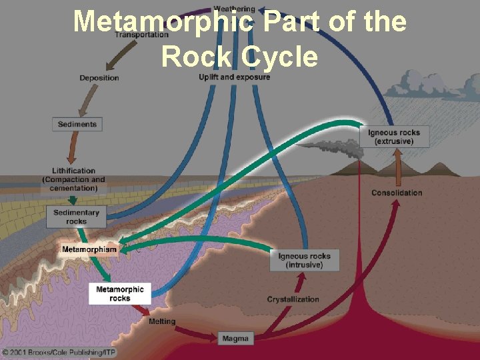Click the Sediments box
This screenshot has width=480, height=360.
pos(77,124)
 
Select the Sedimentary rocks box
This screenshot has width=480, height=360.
pos(76,217)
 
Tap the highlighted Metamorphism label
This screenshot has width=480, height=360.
pos(89,250)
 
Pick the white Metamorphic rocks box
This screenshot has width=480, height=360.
pos(120,293)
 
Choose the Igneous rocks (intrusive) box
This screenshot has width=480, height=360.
pos(304,261)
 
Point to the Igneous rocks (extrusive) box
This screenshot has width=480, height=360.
pos(394,137)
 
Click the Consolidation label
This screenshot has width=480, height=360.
pos(397,193)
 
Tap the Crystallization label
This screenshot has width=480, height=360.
pos(293,299)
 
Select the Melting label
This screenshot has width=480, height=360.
pos(162,321)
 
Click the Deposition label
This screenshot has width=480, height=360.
pos(99,78)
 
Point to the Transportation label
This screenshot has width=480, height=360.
pos(142,35)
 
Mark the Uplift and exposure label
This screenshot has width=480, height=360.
pos(235,77)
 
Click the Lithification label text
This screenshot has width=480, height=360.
pos(74,171)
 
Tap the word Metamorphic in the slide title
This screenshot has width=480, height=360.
pos(163,22)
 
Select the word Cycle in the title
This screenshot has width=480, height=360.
pos(280,57)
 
